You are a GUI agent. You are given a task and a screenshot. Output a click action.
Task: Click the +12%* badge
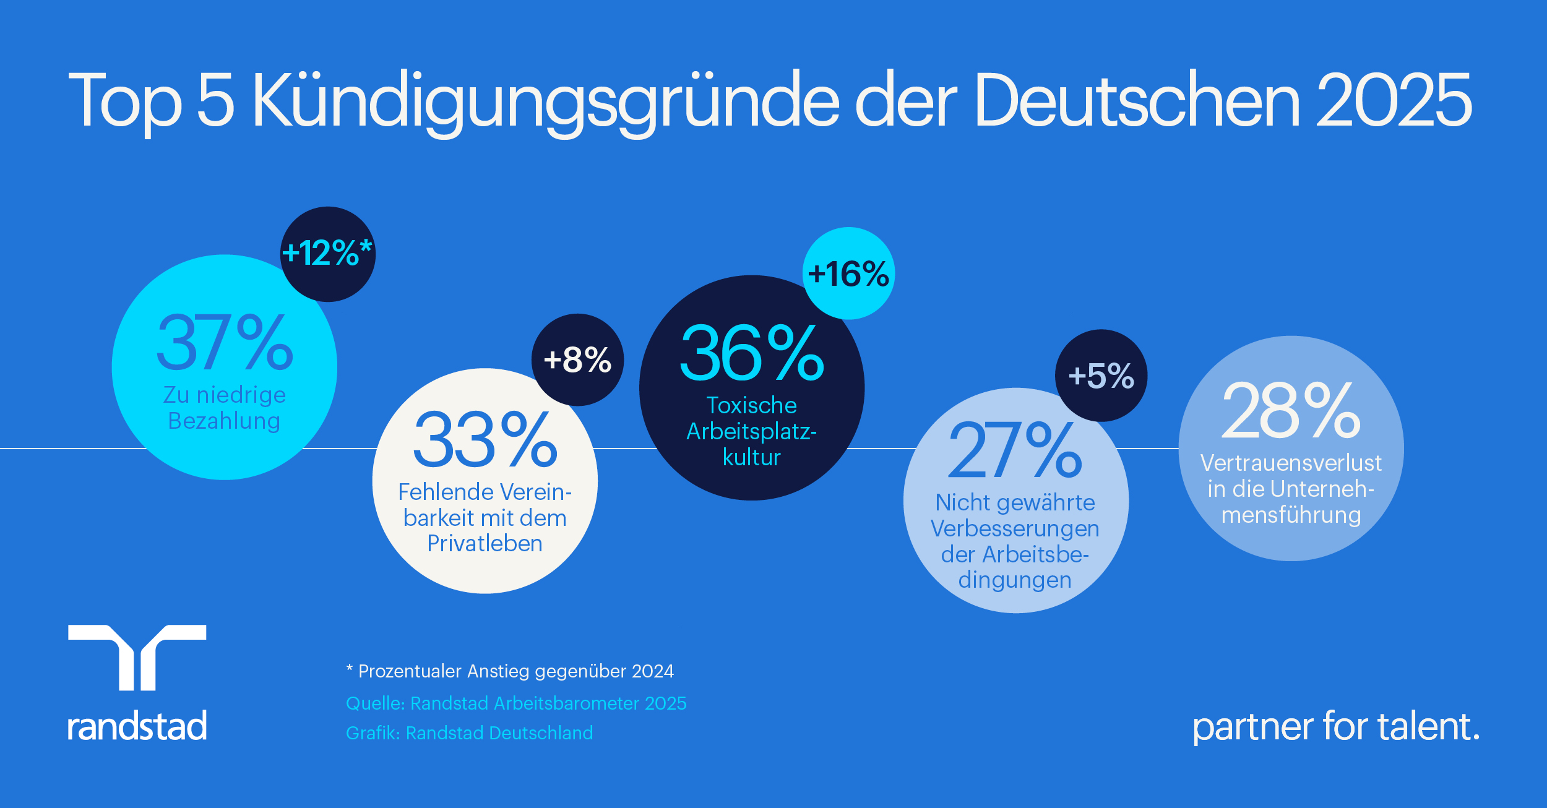click(327, 254)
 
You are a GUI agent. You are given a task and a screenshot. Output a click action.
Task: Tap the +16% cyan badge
click(848, 273)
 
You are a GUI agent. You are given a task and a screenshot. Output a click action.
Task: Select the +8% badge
click(577, 359)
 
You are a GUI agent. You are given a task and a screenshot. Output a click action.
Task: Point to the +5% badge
click(1101, 376)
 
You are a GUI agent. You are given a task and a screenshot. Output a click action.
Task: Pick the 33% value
click(485, 440)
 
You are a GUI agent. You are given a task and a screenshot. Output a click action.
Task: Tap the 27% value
click(1015, 450)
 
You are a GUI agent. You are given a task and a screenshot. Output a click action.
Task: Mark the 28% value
click(1291, 411)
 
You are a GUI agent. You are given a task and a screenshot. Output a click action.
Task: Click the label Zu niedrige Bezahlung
click(225, 408)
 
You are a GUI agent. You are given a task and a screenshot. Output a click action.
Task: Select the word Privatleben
click(485, 543)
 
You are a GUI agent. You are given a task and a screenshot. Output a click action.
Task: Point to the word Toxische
click(752, 405)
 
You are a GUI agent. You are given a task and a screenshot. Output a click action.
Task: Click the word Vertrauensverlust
click(1291, 463)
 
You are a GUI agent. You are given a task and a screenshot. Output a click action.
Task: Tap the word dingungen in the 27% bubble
click(1015, 580)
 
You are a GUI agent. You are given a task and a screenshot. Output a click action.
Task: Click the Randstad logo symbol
click(137, 657)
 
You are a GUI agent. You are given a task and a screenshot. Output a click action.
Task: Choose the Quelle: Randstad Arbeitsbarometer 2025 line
click(516, 703)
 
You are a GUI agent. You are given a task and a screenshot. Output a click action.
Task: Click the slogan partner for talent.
click(1336, 726)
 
